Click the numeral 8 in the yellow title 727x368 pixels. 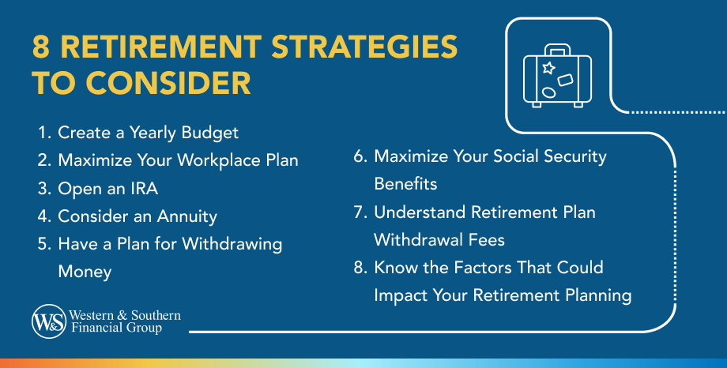coord(41,47)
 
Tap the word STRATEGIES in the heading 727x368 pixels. coord(364,47)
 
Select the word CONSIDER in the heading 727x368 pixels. coord(168,84)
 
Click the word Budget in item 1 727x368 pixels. coord(210,133)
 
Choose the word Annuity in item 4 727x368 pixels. coord(186,216)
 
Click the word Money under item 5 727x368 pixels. coord(85,272)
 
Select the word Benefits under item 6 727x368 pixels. coord(405,184)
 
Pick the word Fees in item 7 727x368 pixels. coord(486,239)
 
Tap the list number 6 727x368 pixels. coord(360,156)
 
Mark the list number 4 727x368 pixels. coord(44,216)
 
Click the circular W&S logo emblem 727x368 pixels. coord(49,321)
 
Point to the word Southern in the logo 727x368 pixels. coord(156,316)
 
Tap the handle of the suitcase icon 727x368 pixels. coord(557,50)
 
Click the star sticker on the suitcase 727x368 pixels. coord(549,68)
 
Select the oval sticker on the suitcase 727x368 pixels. coord(548,92)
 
